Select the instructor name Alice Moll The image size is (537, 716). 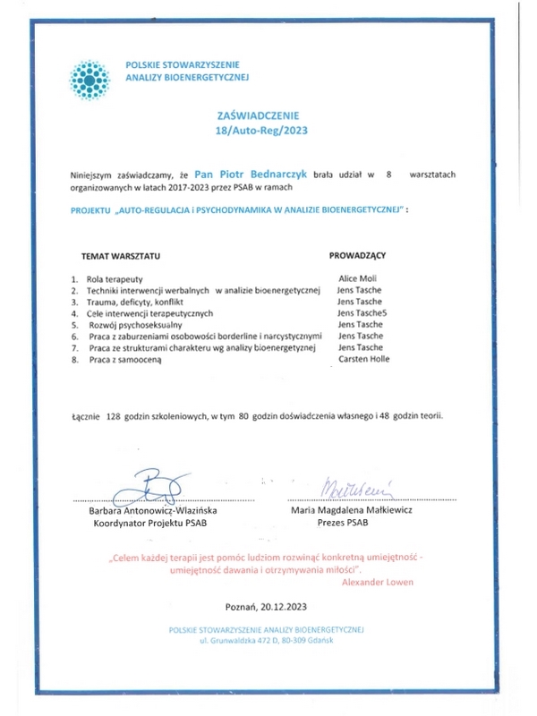(x=357, y=279)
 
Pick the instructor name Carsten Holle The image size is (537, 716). (x=364, y=359)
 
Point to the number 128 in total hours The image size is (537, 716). (x=113, y=417)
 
